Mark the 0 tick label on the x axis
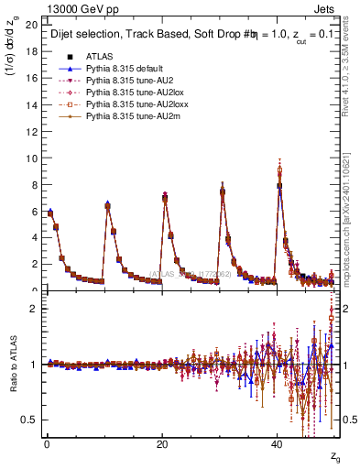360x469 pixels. (x=46, y=444)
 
